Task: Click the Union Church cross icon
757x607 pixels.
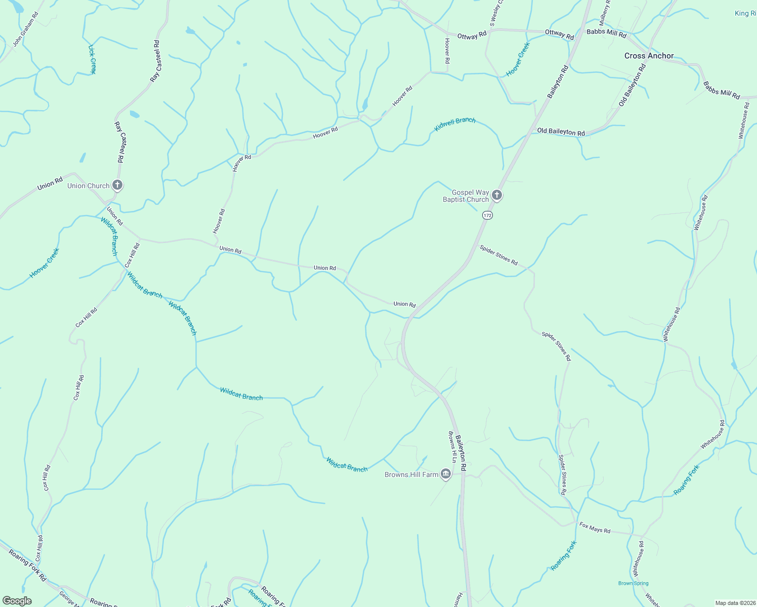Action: pyautogui.click(x=117, y=185)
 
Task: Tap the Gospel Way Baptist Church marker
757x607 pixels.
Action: pyautogui.click(x=497, y=195)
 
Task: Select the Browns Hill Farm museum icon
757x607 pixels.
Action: pyautogui.click(x=446, y=474)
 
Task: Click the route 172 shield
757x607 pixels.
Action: pyautogui.click(x=487, y=215)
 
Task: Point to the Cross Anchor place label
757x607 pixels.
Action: pyautogui.click(x=649, y=56)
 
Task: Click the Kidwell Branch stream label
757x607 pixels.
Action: pyautogui.click(x=455, y=124)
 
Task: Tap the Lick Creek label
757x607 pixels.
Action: pyautogui.click(x=92, y=59)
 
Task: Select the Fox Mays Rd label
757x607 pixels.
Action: pyautogui.click(x=595, y=528)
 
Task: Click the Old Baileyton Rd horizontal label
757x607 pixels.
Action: pyautogui.click(x=561, y=132)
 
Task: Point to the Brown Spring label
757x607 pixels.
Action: pyautogui.click(x=633, y=583)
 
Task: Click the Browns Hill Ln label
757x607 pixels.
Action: pyautogui.click(x=452, y=447)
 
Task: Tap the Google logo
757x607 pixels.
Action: pyautogui.click(x=17, y=601)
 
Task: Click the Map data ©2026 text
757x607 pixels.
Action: pyautogui.click(x=734, y=603)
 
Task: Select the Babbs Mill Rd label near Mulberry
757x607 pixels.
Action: pyautogui.click(x=606, y=33)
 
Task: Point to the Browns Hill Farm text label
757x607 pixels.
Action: pyautogui.click(x=411, y=474)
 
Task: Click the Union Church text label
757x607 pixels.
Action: pyautogui.click(x=89, y=186)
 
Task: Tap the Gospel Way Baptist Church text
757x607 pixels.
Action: pyautogui.click(x=466, y=196)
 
